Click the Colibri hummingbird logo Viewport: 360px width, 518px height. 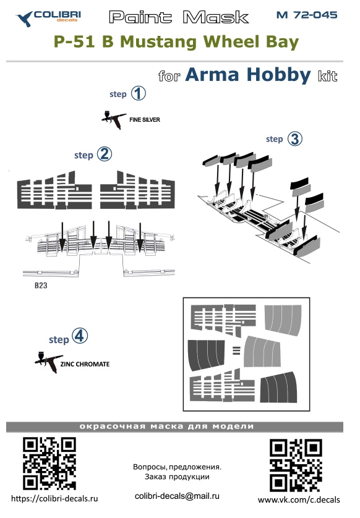coord(25,19)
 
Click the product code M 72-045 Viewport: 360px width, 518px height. coord(307,15)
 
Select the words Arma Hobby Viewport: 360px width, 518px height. coord(248,74)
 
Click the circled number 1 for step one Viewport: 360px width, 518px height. coord(138,93)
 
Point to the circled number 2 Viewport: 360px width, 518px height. coord(104,155)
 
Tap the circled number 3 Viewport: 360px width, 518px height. coord(295,138)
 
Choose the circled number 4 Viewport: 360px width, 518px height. coord(80,336)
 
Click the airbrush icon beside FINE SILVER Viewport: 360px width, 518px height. coord(113,120)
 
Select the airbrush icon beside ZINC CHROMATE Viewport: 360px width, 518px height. coord(49,362)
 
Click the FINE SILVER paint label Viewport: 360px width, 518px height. coord(145,120)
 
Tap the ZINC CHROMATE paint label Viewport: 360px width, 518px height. coord(85,364)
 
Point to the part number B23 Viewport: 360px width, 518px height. coord(41,286)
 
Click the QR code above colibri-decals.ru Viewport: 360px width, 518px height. coord(49,463)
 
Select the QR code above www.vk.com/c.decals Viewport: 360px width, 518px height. coord(296,465)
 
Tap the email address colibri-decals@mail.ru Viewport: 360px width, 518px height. coord(177,496)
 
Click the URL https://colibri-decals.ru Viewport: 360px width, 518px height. coord(54,498)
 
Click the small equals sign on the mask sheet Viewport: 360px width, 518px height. coord(236,350)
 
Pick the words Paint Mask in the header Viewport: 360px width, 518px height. coord(179,17)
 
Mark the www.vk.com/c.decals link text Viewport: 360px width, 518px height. coord(299,500)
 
